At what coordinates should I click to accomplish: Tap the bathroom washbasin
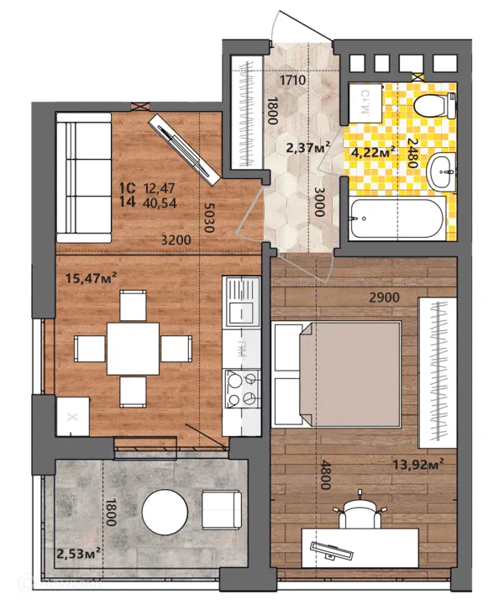click(x=442, y=171)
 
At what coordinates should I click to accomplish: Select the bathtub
click(x=397, y=218)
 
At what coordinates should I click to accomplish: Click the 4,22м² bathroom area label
click(x=372, y=151)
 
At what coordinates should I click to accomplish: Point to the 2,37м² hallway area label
click(x=307, y=147)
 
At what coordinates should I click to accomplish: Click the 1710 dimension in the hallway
click(x=292, y=81)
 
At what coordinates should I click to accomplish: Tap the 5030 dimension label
click(x=208, y=218)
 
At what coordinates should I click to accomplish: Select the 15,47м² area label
click(x=91, y=277)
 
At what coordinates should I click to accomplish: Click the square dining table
click(x=133, y=349)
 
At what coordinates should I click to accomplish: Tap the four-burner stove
click(x=242, y=388)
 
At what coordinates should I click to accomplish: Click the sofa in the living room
click(x=84, y=177)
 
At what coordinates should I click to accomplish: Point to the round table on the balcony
click(x=165, y=513)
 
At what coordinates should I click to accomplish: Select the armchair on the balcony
click(x=222, y=510)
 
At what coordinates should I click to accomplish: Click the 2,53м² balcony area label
click(x=79, y=554)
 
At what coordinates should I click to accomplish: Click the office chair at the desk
click(x=360, y=511)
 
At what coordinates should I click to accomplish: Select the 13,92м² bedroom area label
click(x=418, y=464)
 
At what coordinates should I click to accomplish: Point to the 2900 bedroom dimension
click(x=384, y=297)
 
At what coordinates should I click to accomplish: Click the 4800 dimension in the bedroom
click(x=326, y=475)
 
